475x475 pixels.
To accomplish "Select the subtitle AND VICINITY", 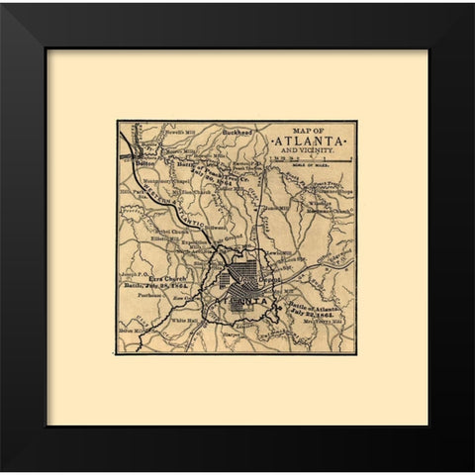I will point(311,154).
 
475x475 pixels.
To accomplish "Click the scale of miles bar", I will point(323,164).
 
